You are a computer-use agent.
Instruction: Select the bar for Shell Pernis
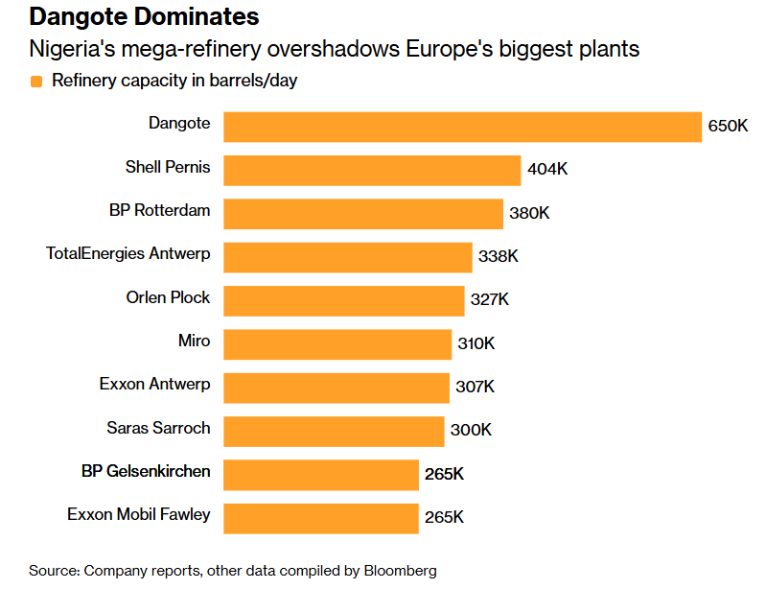[372, 171]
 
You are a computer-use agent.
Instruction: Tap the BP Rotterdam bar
[363, 214]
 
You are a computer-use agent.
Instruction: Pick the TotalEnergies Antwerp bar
[348, 257]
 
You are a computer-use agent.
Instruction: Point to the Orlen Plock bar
[344, 300]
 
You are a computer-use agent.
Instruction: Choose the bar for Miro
[337, 343]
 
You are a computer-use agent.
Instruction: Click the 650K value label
[728, 127]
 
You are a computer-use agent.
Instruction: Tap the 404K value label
[547, 171]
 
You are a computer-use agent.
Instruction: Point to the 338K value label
[499, 257]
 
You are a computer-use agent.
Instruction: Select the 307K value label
[475, 388]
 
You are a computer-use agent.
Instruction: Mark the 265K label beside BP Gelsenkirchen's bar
[444, 475]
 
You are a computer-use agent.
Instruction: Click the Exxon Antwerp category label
[154, 385]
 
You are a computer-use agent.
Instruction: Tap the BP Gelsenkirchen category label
[146, 471]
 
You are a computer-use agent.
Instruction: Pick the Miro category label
[194, 341]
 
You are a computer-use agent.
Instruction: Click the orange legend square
[36, 82]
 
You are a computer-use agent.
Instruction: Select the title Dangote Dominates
[144, 17]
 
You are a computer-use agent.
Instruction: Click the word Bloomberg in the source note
[400, 571]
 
